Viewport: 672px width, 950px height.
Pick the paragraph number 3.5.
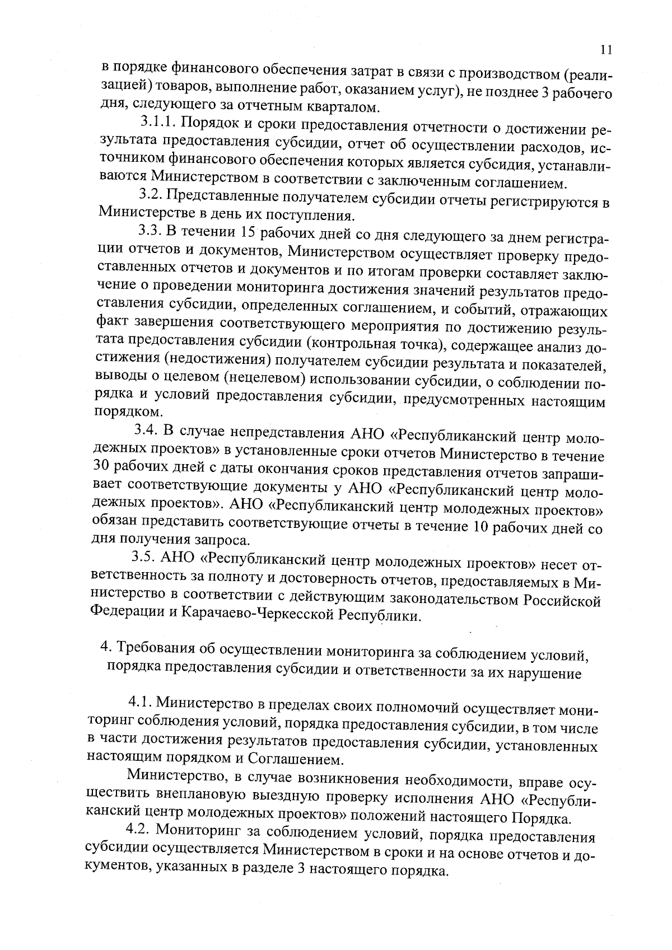click(x=144, y=557)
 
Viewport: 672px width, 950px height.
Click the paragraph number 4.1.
click(x=141, y=701)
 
